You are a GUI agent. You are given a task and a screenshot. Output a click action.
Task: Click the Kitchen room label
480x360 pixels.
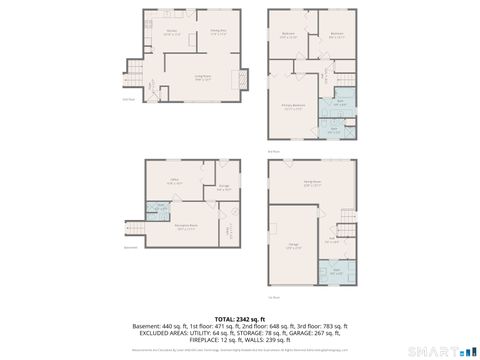(171, 32)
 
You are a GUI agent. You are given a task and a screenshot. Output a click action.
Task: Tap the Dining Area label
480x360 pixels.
(215, 32)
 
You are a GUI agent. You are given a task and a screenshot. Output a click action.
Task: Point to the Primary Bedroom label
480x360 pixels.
(293, 110)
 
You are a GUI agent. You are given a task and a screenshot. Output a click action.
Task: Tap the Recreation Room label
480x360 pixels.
(186, 228)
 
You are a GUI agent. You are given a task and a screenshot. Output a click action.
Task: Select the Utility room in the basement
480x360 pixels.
(229, 229)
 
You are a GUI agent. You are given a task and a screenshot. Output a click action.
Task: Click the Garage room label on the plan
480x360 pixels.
(294, 246)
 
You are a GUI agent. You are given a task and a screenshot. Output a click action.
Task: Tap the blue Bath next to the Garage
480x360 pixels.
(337, 270)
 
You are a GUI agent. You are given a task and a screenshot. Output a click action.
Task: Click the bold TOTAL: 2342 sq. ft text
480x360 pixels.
(240, 317)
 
